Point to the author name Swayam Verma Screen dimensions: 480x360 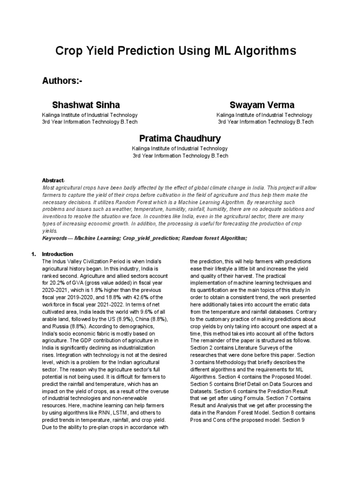click(x=262, y=105)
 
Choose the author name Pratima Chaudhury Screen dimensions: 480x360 click(x=180, y=138)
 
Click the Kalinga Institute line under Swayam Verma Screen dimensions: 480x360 click(x=264, y=115)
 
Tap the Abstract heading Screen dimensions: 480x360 click(x=53, y=180)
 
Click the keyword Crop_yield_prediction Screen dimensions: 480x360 click(x=149, y=238)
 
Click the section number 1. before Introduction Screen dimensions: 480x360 click(x=33, y=254)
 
